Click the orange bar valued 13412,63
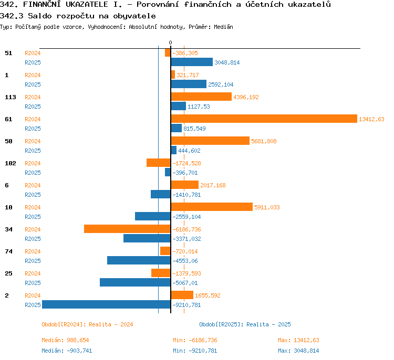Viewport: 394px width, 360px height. (x=264, y=119)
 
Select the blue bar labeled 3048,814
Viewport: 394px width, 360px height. (x=192, y=62)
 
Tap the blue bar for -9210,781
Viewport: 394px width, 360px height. (x=106, y=304)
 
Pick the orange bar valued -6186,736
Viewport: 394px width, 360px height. (x=127, y=229)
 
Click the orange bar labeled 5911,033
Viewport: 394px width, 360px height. (x=212, y=207)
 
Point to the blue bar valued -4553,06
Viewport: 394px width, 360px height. (x=139, y=260)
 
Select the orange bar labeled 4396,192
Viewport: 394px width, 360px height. (x=201, y=97)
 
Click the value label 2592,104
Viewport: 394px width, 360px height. (x=221, y=84)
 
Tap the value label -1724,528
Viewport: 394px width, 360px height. (x=186, y=163)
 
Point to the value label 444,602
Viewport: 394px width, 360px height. (x=189, y=151)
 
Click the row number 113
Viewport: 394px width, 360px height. (x=11, y=97)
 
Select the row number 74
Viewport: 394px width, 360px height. (x=8, y=251)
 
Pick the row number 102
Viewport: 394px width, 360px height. (x=11, y=163)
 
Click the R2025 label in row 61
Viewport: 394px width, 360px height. (x=33, y=129)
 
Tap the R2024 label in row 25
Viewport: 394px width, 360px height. (x=33, y=273)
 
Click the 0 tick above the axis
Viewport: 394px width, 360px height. (x=170, y=43)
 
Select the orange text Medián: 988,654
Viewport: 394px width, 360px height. (x=65, y=340)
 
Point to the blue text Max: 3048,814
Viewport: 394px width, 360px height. (x=298, y=351)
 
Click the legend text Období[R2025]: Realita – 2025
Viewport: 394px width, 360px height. (x=245, y=324)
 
